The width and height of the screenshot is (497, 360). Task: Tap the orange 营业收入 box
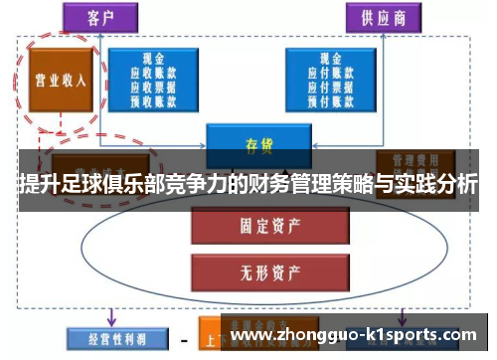[59, 80]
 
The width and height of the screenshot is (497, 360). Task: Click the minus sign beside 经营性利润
[184, 337]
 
